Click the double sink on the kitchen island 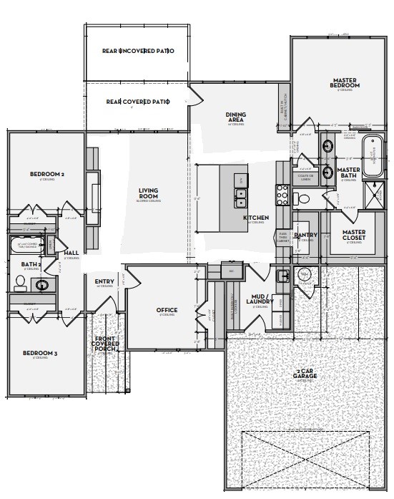pyautogui.click(x=241, y=193)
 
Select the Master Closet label pyautogui.click(x=353, y=236)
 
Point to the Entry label pyautogui.click(x=104, y=281)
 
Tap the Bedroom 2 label pyautogui.click(x=47, y=174)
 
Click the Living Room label pyautogui.click(x=148, y=193)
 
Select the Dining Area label pyautogui.click(x=236, y=117)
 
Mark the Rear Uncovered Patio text pyautogui.click(x=137, y=52)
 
